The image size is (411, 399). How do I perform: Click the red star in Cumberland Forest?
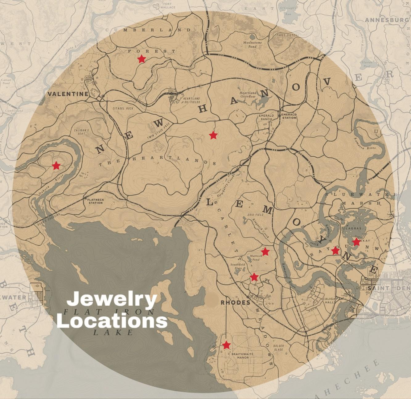pyautogui.click(x=142, y=59)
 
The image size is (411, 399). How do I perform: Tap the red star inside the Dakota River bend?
pyautogui.click(x=56, y=166)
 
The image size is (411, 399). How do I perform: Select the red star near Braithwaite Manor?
pyautogui.click(x=227, y=345)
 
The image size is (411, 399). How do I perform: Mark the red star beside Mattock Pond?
pyautogui.click(x=265, y=252)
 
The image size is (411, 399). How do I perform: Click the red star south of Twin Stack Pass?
pyautogui.click(x=213, y=135)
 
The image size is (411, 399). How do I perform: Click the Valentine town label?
pyautogui.click(x=68, y=94)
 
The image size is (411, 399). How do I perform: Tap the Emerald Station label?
pyautogui.click(x=289, y=116)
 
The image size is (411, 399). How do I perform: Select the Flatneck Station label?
pyautogui.click(x=96, y=201)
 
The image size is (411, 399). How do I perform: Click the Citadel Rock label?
pyautogui.click(x=123, y=108)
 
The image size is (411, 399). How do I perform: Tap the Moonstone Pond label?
pyautogui.click(x=252, y=44)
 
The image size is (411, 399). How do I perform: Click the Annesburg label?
pyautogui.click(x=387, y=20)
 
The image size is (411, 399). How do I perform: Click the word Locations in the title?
pyautogui.click(x=112, y=321)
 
